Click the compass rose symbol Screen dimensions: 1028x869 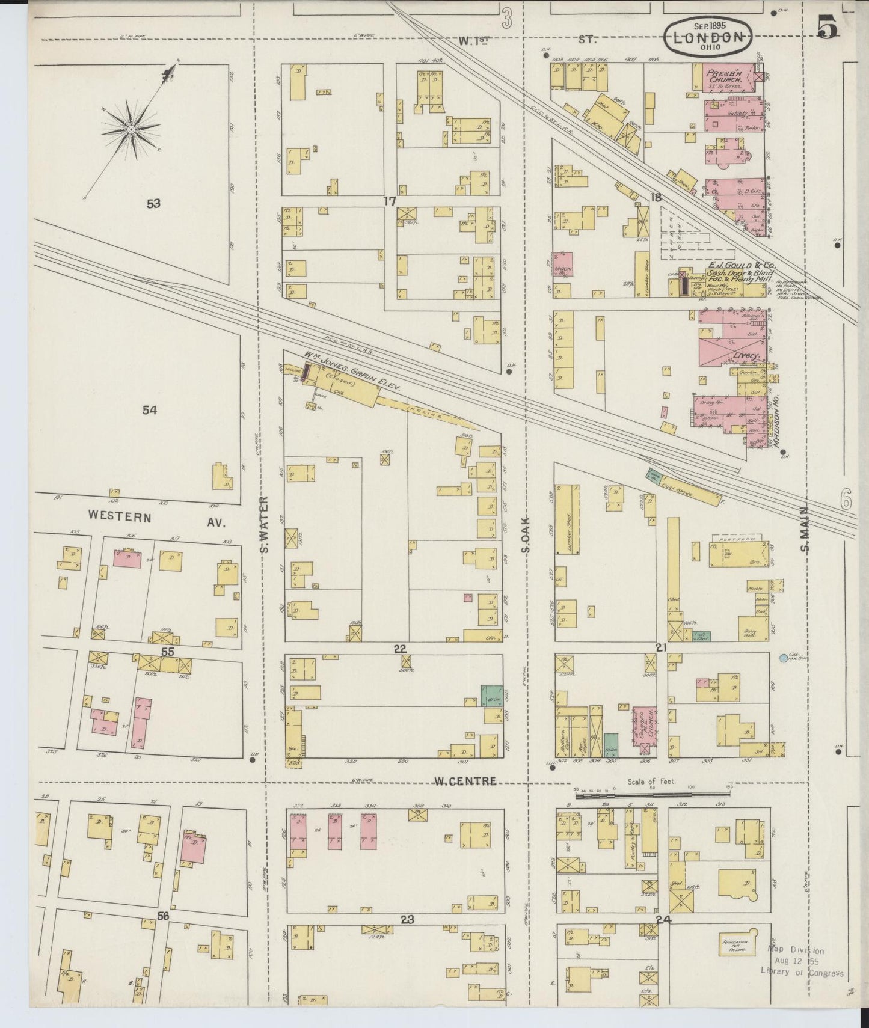tap(131, 129)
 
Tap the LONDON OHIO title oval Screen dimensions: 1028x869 tap(707, 37)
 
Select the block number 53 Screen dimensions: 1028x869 tap(153, 204)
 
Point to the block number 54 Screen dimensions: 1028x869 tap(150, 410)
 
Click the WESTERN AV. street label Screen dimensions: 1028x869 tap(156, 517)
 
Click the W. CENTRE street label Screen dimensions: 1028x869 tap(465, 781)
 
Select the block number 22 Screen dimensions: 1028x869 tap(400, 649)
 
